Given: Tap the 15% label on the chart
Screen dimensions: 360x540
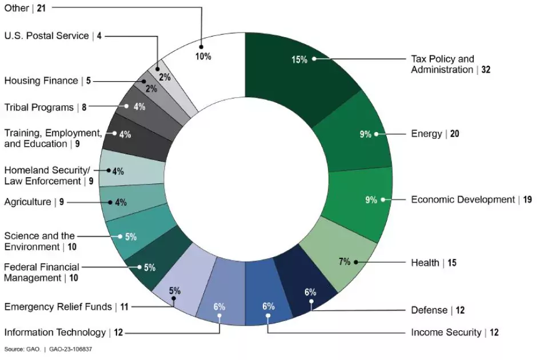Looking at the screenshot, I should click(x=299, y=59).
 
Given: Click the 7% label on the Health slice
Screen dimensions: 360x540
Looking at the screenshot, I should click(x=344, y=262).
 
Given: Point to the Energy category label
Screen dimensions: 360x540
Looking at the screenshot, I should click(x=426, y=134).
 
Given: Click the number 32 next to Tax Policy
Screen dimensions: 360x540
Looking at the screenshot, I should click(x=486, y=70).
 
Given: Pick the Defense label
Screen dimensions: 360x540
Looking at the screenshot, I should click(x=429, y=310).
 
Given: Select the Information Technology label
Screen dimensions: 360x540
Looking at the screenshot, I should click(x=55, y=332).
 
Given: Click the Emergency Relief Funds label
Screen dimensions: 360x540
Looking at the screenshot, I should click(x=58, y=307).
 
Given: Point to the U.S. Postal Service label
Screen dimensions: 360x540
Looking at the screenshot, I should click(x=46, y=35).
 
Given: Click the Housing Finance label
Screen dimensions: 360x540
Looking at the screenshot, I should click(x=41, y=81).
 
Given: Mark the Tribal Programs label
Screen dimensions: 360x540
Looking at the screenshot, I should click(x=39, y=107).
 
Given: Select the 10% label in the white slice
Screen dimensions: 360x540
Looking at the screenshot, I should click(x=203, y=56).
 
